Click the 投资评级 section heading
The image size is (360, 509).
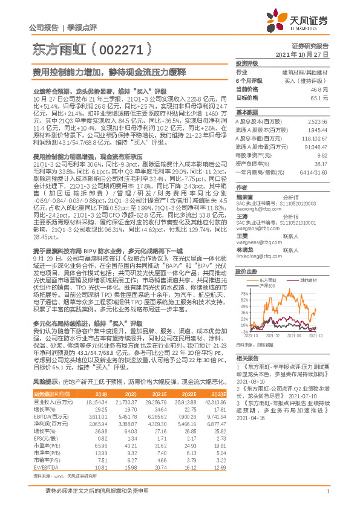247,63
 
